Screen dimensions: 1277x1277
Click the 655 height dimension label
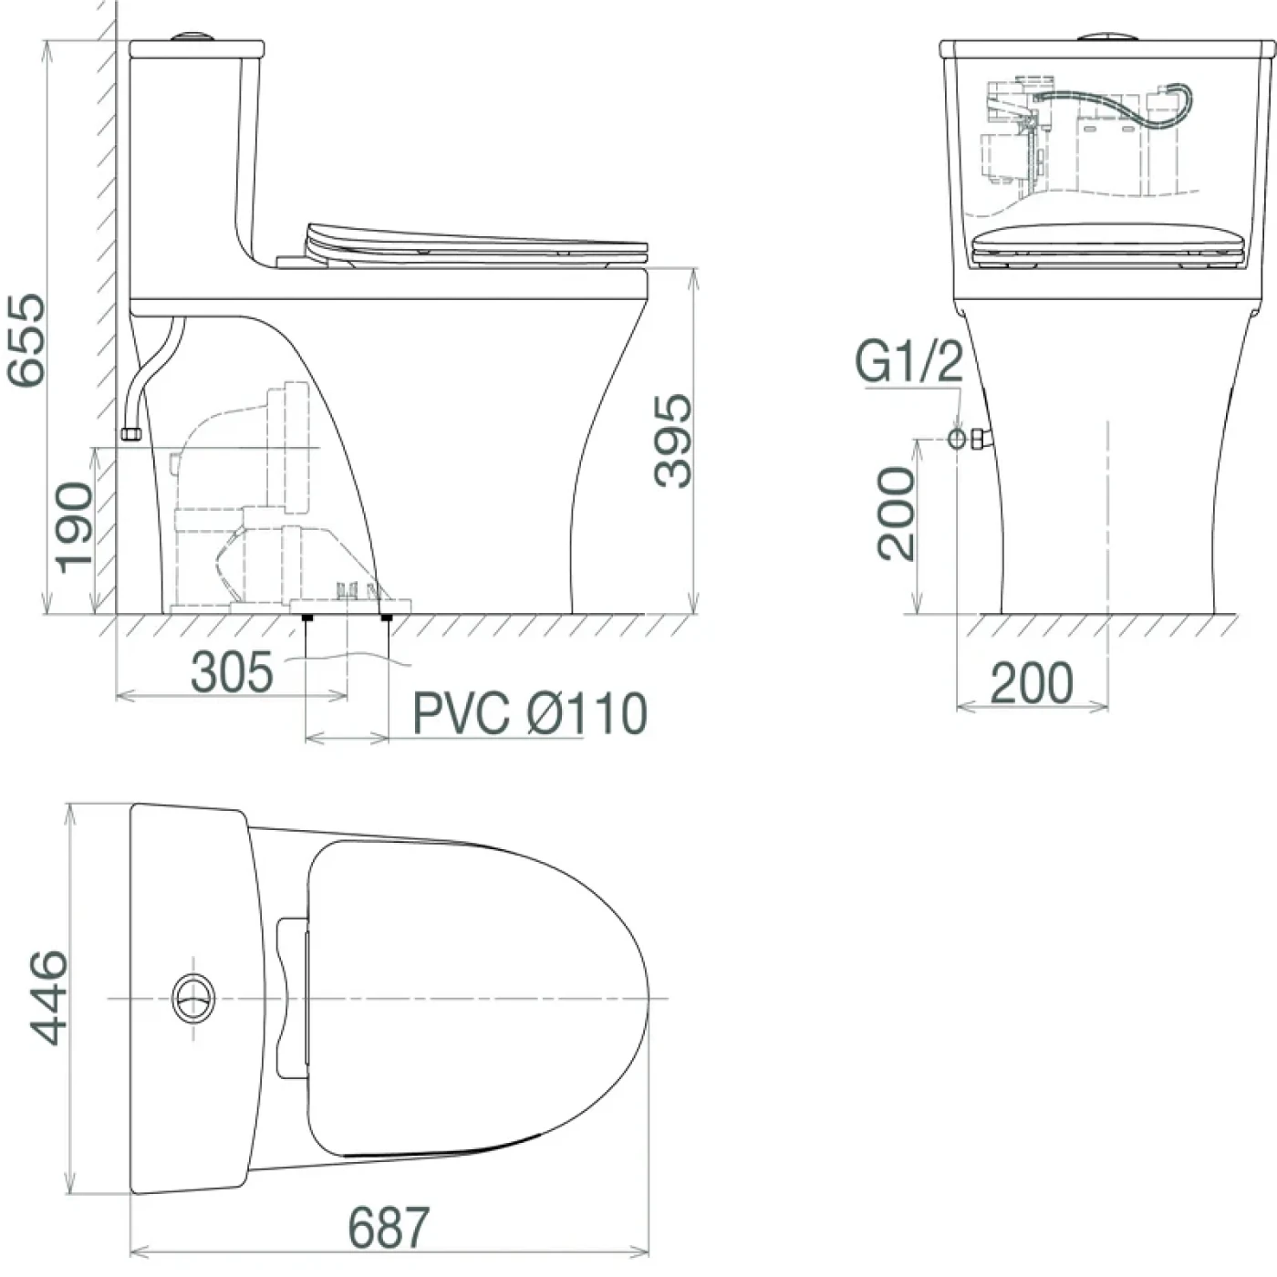point(26,340)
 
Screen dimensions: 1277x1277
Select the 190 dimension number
point(74,528)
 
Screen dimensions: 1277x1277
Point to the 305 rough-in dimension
point(232,672)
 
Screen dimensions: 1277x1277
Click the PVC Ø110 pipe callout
point(529,713)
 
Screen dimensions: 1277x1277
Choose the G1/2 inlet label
point(909,362)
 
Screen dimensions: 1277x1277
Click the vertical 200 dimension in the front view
point(896,514)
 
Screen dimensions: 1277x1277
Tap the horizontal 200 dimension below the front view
point(1032,682)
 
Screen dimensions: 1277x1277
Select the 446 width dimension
point(47,998)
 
